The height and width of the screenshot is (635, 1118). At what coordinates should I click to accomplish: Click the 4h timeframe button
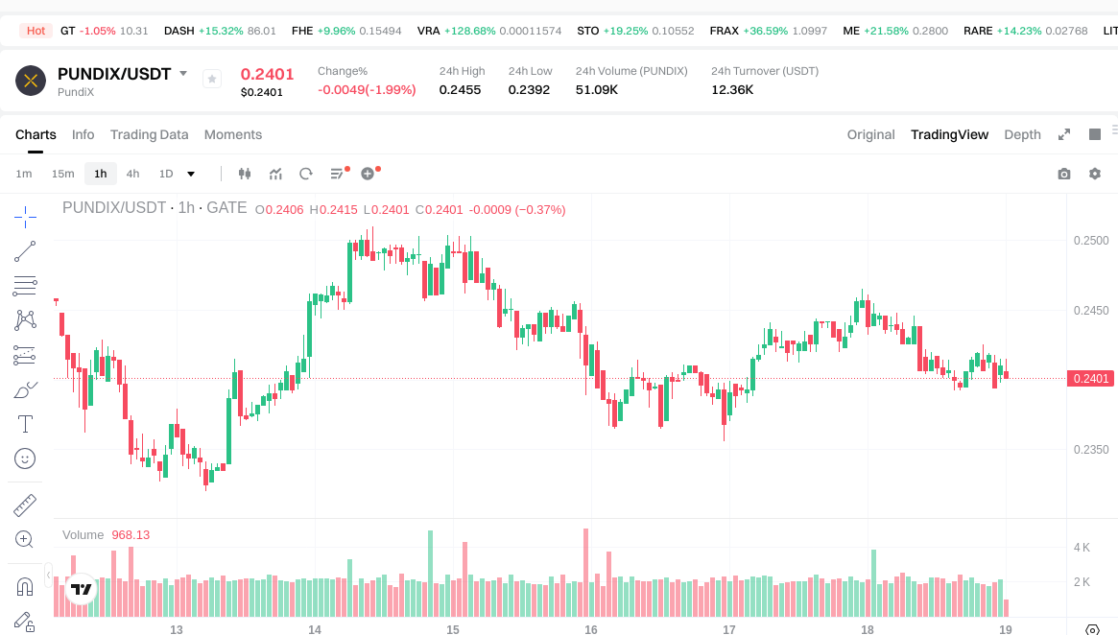[132, 174]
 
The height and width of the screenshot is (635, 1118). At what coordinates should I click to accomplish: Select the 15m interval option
[62, 174]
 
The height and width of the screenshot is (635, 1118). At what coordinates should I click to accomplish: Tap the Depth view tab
[1022, 134]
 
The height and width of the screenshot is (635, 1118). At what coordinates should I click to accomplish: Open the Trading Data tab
[149, 134]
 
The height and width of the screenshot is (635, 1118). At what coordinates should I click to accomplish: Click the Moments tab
[233, 134]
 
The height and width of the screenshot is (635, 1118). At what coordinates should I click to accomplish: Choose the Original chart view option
[870, 134]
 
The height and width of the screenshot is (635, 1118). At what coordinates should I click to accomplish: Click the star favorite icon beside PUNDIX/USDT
[212, 79]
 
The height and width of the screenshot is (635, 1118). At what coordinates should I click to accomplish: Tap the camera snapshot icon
[1063, 174]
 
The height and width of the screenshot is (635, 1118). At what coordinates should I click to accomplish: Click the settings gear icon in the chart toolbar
[1094, 174]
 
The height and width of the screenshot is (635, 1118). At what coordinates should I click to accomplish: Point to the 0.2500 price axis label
[1090, 240]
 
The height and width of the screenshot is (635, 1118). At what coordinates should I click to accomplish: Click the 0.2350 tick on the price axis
[1090, 449]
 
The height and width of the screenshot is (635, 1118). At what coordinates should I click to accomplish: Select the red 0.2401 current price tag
[1090, 379]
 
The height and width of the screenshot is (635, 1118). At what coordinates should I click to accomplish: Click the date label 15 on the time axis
[453, 630]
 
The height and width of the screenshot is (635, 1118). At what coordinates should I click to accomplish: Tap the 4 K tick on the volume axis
[1082, 548]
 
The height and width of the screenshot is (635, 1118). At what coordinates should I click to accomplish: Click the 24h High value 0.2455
[460, 89]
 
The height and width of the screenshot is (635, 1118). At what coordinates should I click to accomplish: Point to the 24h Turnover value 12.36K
[732, 89]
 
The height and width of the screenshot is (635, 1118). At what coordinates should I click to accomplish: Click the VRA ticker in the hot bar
[429, 31]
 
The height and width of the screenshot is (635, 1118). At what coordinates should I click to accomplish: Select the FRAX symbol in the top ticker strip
[724, 31]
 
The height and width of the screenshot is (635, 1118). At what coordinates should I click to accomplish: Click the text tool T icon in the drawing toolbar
[26, 424]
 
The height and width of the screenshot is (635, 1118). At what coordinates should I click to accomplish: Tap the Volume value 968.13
[131, 534]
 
